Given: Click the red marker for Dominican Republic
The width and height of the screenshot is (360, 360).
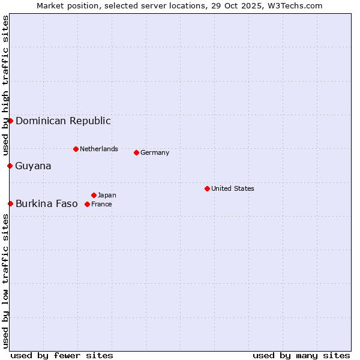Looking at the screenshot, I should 10,121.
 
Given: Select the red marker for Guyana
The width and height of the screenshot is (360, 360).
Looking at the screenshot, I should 10,166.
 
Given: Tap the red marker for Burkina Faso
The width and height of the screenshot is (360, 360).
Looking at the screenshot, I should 10,203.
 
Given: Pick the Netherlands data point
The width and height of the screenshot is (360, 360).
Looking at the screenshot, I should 76,149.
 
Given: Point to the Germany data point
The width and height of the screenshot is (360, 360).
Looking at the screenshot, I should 136,152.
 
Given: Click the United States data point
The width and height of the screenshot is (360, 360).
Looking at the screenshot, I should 207,188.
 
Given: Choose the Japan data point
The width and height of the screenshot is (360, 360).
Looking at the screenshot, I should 94,195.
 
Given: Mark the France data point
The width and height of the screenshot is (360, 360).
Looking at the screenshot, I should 87,204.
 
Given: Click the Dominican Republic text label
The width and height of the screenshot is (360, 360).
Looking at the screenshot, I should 63,121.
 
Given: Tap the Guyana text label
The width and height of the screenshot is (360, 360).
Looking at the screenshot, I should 33,166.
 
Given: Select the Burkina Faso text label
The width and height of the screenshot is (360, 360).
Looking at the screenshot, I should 46,203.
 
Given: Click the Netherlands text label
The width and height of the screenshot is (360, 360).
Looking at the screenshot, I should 99,149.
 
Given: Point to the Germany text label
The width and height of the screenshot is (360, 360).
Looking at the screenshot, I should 155,152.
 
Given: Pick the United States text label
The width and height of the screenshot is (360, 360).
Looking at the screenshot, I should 233,188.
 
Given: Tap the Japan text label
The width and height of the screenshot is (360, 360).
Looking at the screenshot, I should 107,195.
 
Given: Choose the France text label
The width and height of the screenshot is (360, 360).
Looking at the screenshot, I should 101,204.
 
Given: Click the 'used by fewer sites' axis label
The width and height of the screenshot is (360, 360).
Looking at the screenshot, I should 62,355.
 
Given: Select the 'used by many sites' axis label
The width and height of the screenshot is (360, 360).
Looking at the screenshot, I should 301,355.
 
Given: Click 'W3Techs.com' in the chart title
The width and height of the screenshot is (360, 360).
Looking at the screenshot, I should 295,5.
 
